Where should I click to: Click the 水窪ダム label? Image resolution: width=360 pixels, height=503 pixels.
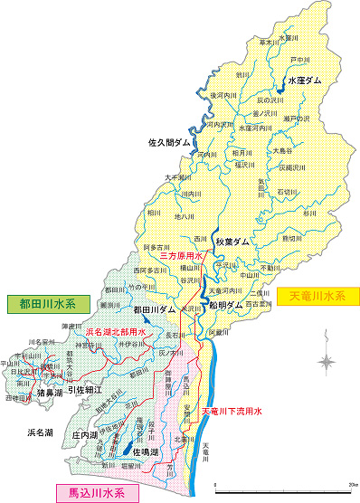tap(304, 81)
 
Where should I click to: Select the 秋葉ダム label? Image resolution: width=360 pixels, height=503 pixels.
tap(232, 242)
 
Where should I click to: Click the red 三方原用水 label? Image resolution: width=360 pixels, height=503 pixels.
tap(181, 256)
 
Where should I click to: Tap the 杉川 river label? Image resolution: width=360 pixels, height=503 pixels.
tap(311, 214)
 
